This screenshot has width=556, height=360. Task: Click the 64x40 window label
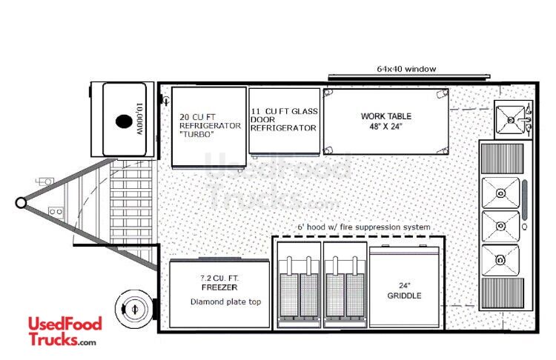pos(406,69)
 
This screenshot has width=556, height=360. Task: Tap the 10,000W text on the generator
pos(139,119)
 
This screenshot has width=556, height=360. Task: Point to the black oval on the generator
pos(124,121)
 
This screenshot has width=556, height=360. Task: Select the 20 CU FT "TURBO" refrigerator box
pos(209,127)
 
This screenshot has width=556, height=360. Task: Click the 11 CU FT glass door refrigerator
pos(285,121)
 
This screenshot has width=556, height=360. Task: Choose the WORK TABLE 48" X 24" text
pos(386,121)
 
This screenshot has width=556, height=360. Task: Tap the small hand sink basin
pos(510,120)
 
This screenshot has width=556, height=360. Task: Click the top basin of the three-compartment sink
pos(500,193)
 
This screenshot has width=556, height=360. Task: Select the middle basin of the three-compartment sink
pos(500,226)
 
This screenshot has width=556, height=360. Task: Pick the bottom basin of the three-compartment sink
pos(500,260)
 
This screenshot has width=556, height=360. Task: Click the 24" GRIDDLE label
pos(404,290)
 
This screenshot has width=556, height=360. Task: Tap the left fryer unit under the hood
pos(299,285)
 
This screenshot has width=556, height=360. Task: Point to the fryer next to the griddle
pos(345,285)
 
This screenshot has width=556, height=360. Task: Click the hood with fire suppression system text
pos(364,227)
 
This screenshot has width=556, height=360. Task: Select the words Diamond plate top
pos(225,302)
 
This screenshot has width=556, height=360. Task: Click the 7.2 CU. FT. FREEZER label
pos(219,283)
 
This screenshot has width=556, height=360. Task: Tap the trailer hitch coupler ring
pos(21,203)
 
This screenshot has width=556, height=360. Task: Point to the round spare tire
pos(134,309)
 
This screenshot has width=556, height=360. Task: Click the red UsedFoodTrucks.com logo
pos(65,331)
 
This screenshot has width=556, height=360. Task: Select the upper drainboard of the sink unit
pos(502,159)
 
